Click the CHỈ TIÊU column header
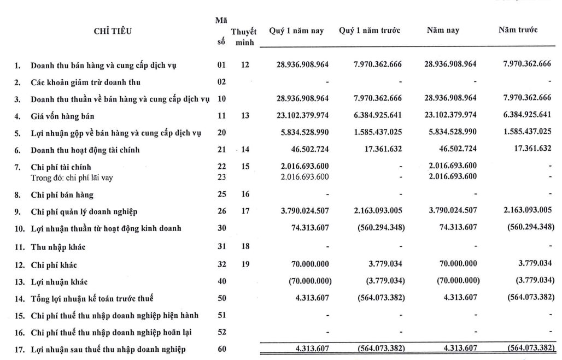113,31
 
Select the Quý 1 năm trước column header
370,31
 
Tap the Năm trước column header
517,30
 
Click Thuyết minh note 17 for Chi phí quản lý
244,211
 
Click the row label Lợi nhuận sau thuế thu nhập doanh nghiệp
108,350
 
